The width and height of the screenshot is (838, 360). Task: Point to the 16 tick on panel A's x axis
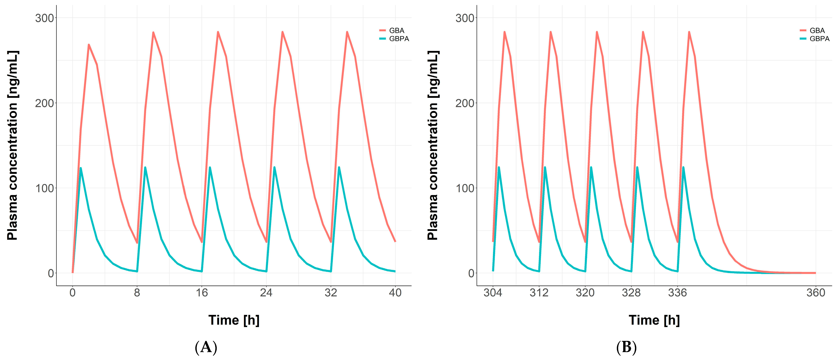point(202,293)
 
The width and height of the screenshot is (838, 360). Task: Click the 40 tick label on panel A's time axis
point(395,293)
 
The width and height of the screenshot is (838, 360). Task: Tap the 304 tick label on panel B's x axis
point(493,293)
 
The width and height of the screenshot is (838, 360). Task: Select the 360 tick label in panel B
point(816,293)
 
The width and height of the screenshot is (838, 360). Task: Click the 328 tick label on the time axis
point(631,293)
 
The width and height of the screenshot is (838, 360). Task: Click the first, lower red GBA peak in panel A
point(89,45)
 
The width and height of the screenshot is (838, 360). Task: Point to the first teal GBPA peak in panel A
point(80,168)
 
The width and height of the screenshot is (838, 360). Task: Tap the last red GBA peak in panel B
point(689,32)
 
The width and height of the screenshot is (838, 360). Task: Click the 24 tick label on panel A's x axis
point(266,293)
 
